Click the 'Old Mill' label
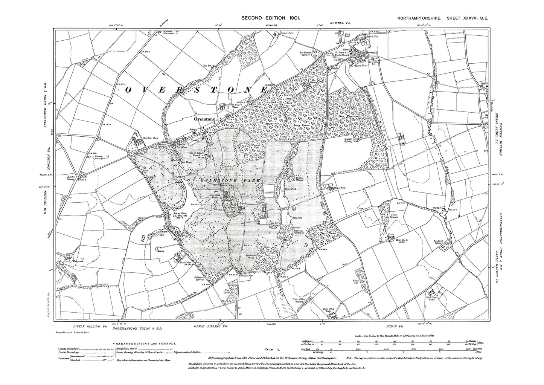coord(437,208)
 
